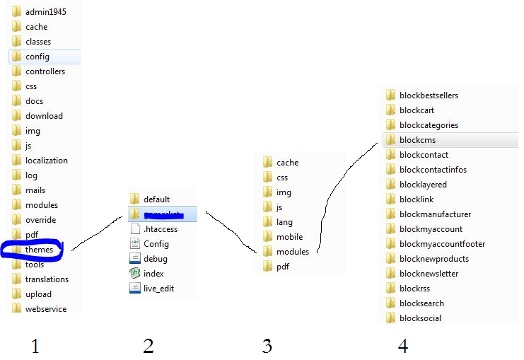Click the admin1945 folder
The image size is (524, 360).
45,12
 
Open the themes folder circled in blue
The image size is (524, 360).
39,250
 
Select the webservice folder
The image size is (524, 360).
45,309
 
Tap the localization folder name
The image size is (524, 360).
47,161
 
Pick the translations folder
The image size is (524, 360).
47,279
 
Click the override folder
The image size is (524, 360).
40,220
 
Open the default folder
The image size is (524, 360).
156,199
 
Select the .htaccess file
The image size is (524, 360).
160,229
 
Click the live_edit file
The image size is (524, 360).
158,289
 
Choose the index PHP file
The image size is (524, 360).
153,274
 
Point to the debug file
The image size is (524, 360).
155,259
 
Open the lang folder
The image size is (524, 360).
284,222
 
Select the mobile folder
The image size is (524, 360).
289,237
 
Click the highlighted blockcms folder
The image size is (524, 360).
417,140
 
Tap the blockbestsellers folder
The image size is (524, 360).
429,95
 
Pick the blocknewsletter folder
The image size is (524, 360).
429,274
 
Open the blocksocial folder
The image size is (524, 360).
420,318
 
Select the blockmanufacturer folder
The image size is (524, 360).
435,214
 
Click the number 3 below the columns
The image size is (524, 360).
267,346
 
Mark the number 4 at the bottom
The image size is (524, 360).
402,346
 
